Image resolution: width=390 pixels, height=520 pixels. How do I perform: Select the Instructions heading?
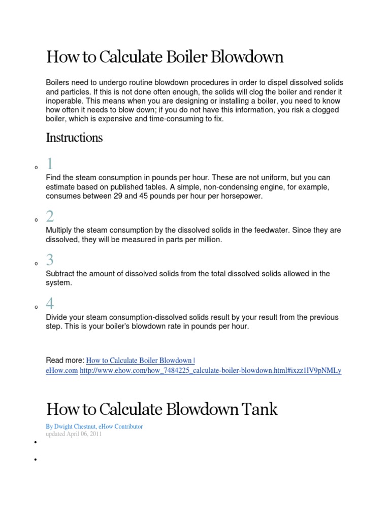[74, 138]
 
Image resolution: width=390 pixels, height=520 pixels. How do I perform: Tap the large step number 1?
[50, 164]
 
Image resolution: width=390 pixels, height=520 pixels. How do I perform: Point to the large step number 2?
[50, 217]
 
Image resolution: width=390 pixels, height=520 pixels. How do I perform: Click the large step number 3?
[50, 261]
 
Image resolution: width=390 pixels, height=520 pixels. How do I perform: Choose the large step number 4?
[50, 304]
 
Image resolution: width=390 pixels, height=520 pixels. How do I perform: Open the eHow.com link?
[61, 371]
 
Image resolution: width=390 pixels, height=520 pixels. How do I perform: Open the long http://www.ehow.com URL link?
[211, 371]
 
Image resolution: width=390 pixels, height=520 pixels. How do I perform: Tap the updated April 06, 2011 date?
[74, 434]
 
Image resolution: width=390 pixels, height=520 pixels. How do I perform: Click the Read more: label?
[64, 361]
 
